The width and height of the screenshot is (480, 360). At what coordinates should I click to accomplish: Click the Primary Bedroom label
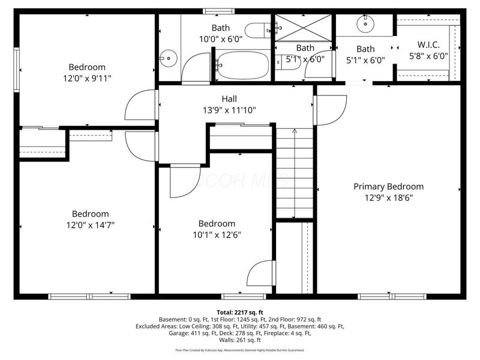[388, 187]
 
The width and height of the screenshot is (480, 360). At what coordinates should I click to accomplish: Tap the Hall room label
[229, 99]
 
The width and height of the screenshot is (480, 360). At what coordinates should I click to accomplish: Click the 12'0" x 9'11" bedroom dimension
[87, 78]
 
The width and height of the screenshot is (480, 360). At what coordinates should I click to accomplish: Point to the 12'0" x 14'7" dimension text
[91, 225]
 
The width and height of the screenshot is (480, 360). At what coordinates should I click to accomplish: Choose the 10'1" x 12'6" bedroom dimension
[217, 235]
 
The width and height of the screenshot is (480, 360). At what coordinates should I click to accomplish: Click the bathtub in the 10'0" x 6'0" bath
[243, 65]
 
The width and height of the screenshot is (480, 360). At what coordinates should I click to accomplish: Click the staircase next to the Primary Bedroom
[294, 174]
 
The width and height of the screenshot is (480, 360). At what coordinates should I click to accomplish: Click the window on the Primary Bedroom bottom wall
[392, 296]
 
